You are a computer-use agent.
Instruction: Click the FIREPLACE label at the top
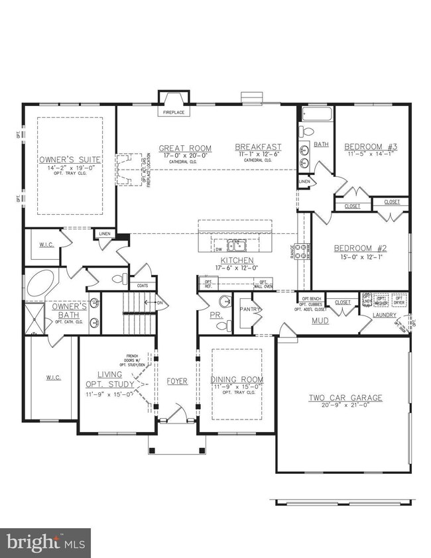click(174, 113)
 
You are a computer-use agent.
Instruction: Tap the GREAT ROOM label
click(185, 148)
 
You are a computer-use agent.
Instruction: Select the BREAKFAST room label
click(259, 147)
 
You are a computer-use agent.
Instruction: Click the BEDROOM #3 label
click(370, 146)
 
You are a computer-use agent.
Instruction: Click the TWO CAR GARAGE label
click(345, 398)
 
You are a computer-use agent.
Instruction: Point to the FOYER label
click(177, 381)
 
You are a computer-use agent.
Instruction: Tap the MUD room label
click(321, 321)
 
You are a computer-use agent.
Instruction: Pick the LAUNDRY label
click(385, 315)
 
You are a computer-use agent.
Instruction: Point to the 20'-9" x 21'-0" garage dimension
click(345, 406)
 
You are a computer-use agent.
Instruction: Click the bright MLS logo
click(45, 542)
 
